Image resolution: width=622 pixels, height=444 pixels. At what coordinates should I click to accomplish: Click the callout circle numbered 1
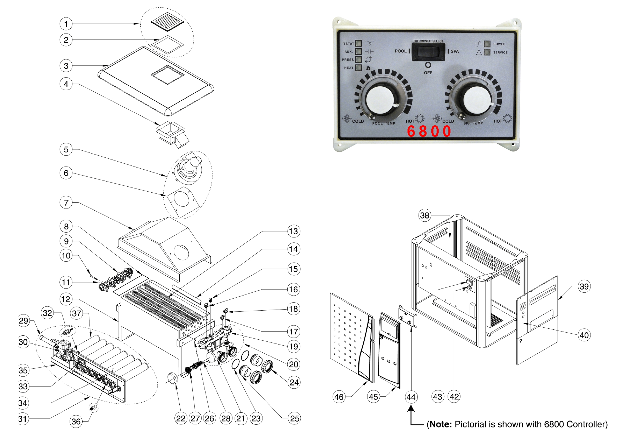(66, 24)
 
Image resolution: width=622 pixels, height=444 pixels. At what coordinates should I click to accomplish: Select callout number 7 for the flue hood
(66, 203)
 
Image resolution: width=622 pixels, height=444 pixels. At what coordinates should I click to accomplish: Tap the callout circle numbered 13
(293, 231)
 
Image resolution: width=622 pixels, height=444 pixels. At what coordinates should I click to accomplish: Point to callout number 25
(295, 418)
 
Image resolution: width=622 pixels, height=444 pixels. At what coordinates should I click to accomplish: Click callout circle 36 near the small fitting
(76, 421)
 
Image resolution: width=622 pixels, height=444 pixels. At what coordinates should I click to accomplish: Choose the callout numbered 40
(584, 335)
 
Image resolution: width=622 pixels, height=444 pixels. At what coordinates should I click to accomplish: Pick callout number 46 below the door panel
(339, 397)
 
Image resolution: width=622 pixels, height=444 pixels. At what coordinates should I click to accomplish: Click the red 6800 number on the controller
(429, 131)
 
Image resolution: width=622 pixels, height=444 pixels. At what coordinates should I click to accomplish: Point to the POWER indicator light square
(487, 44)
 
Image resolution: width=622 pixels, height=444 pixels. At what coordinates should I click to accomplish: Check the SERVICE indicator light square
(487, 52)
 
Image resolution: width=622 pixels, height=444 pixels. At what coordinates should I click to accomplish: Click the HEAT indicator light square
(359, 68)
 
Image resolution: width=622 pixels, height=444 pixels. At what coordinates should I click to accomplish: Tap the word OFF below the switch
(428, 73)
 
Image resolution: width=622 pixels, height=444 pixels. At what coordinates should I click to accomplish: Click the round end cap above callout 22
(173, 378)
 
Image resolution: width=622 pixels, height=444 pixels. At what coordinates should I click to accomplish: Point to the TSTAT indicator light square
(359, 43)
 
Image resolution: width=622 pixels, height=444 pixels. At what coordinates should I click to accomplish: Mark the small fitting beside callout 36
(93, 408)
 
